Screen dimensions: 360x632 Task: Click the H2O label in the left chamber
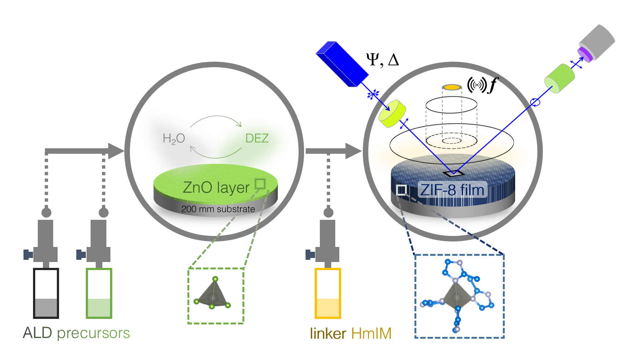pyautogui.click(x=174, y=139)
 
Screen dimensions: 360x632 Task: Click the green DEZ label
pyautogui.click(x=257, y=138)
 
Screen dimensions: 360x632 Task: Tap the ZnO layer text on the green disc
pyautogui.click(x=216, y=188)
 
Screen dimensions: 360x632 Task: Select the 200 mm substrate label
pyautogui.click(x=218, y=209)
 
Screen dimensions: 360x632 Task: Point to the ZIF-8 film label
pyautogui.click(x=452, y=190)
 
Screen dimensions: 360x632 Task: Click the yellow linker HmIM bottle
pyautogui.click(x=328, y=293)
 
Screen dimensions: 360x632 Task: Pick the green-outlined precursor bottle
pyautogui.click(x=99, y=293)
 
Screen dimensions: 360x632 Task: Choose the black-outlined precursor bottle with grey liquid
pyautogui.click(x=46, y=293)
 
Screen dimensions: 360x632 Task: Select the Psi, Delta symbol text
pyautogui.click(x=382, y=59)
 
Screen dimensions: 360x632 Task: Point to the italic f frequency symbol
pyautogui.click(x=493, y=85)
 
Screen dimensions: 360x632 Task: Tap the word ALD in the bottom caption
pyautogui.click(x=37, y=333)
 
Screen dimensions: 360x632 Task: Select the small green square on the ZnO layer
pyautogui.click(x=260, y=184)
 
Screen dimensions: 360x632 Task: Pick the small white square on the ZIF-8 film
pyautogui.click(x=402, y=190)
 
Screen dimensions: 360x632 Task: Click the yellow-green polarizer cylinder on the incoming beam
pyautogui.click(x=392, y=113)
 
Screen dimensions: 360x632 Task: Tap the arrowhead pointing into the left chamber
pyautogui.click(x=117, y=151)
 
